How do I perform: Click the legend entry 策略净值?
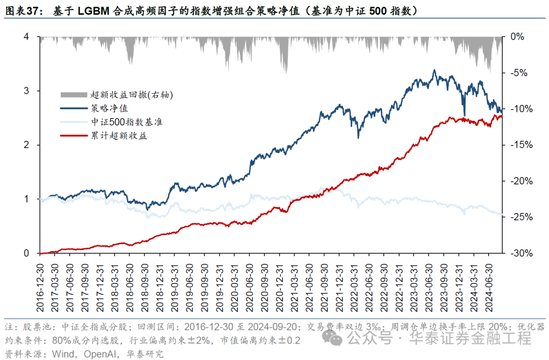pyautogui.click(x=109, y=108)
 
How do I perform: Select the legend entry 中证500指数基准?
pyautogui.click(x=127, y=122)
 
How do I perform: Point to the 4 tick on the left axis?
pyautogui.click(x=26, y=37)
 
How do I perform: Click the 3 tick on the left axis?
pyautogui.click(x=26, y=91)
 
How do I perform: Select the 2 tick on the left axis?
pyautogui.click(x=26, y=145)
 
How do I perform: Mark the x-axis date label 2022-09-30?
pyautogui.click(x=384, y=282)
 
